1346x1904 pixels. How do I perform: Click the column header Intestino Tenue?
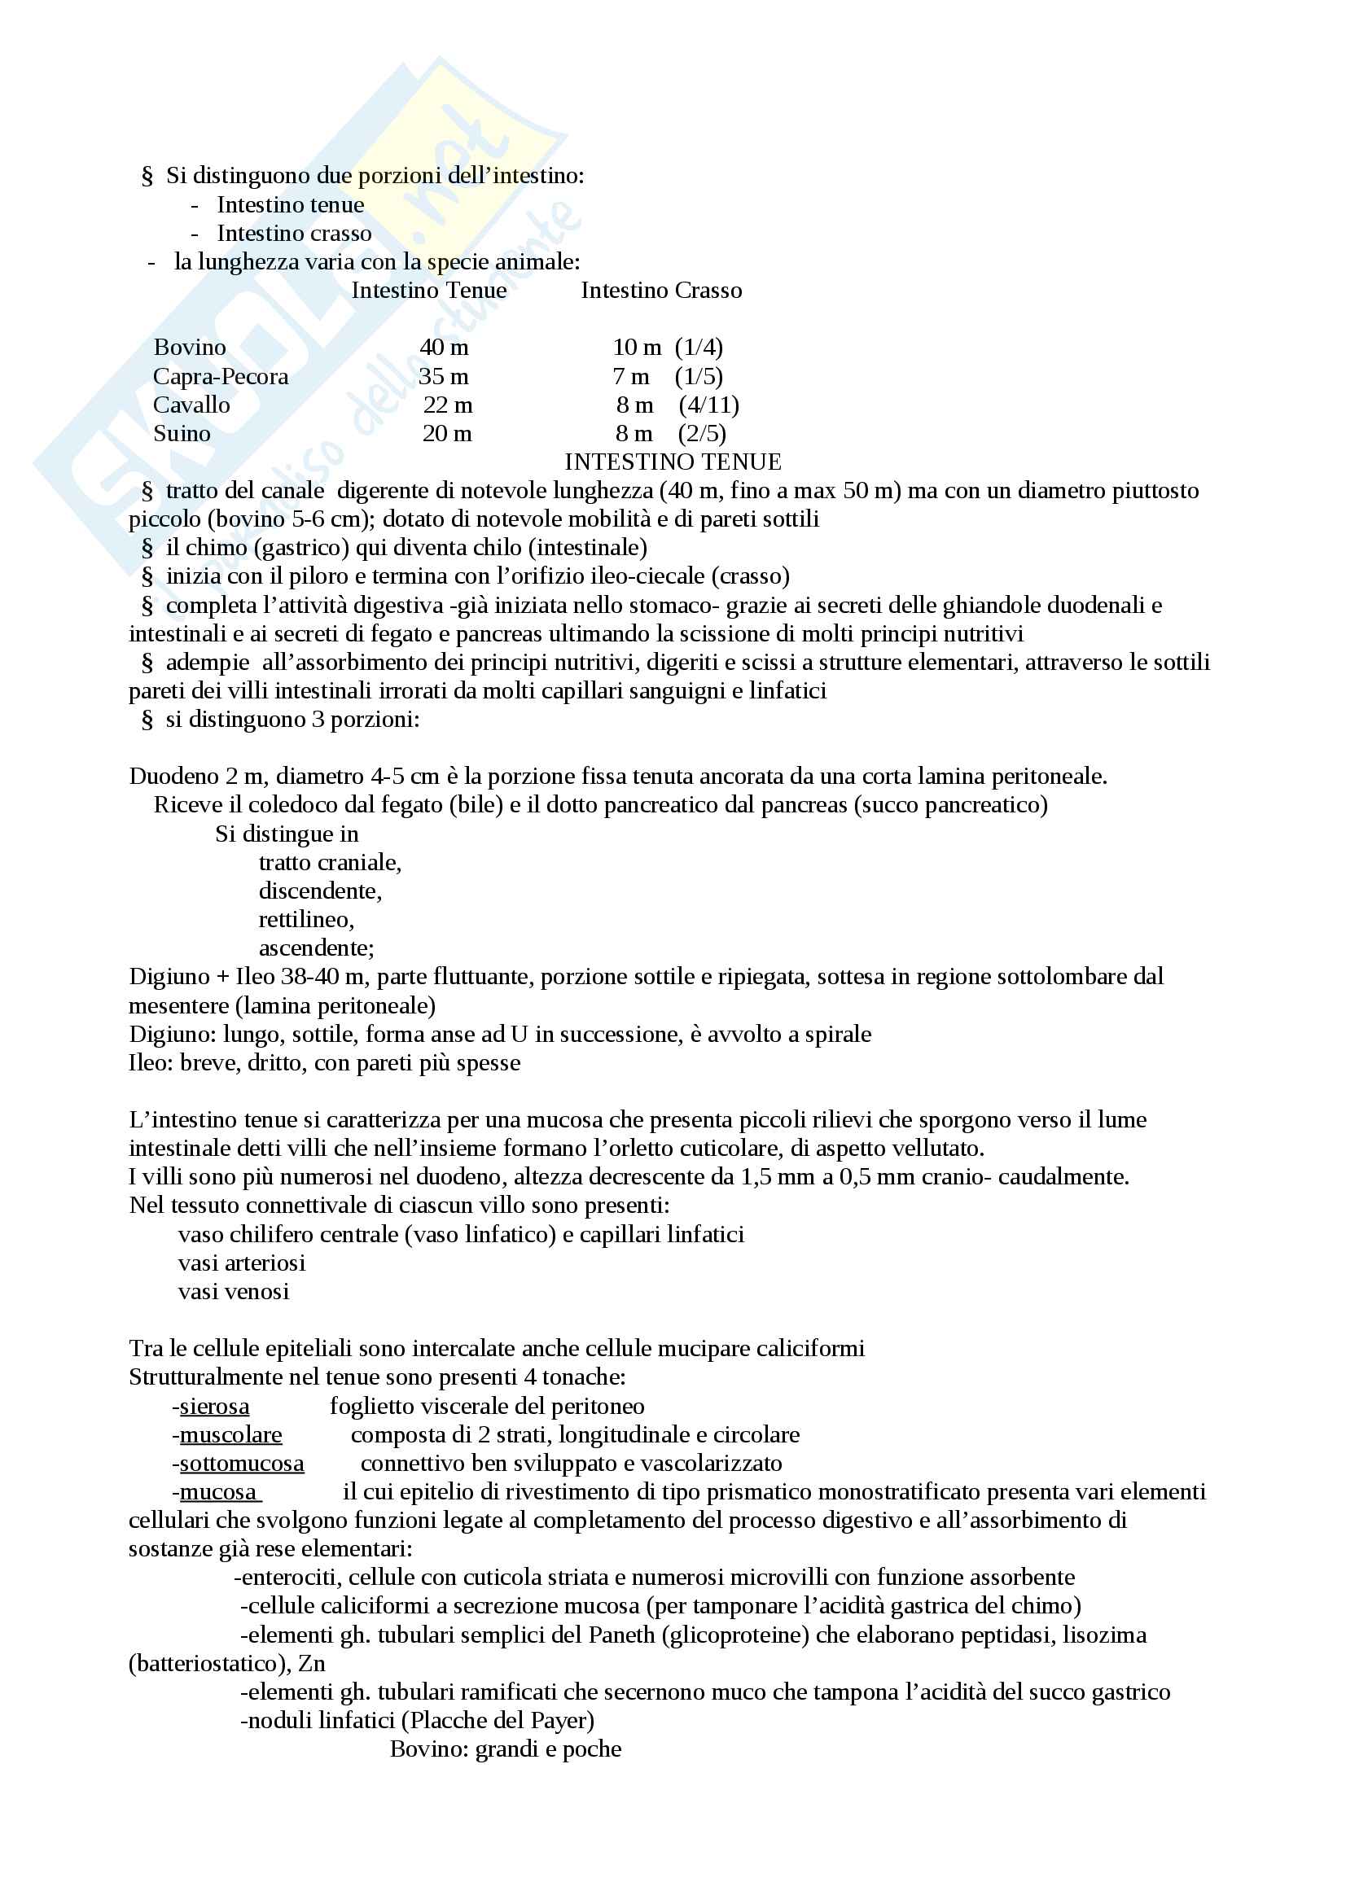tap(429, 291)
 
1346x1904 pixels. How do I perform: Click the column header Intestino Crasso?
tap(661, 291)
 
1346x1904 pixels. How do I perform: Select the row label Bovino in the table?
tap(190, 348)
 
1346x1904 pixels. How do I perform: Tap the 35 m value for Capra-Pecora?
tap(444, 377)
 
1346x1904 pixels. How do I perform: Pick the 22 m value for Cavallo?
tap(448, 405)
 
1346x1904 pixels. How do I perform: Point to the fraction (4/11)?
tap(709, 405)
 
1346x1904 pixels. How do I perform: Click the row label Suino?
tap(182, 434)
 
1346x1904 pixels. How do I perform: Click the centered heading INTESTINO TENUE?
tap(673, 462)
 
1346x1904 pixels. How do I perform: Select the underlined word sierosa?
tap(214, 1407)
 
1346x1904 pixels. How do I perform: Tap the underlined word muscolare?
tap(230, 1434)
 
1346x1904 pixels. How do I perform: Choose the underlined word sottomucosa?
tap(241, 1464)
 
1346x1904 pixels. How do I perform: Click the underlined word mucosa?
tap(218, 1492)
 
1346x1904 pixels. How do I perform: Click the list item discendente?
tap(320, 891)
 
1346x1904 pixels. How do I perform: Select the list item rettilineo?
tap(306, 920)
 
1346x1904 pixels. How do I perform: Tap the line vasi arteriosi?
tap(241, 1263)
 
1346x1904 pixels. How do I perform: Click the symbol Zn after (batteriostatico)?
tap(312, 1664)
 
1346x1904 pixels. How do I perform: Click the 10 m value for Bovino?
tap(637, 348)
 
